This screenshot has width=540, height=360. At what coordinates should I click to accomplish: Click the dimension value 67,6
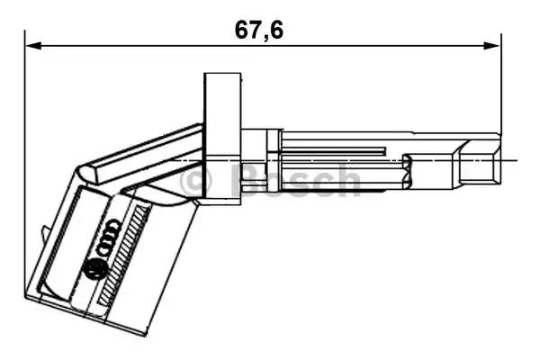tap(259, 29)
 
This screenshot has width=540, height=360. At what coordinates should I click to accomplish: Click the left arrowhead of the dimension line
tap(31, 43)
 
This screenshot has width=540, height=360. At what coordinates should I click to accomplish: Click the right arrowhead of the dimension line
tap(494, 43)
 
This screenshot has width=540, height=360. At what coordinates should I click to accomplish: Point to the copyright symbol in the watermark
tap(196, 181)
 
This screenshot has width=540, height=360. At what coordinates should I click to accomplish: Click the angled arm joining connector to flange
tap(144, 153)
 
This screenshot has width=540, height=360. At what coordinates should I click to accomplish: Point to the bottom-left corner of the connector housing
tap(29, 297)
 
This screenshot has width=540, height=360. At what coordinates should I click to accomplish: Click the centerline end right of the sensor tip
tap(517, 161)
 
